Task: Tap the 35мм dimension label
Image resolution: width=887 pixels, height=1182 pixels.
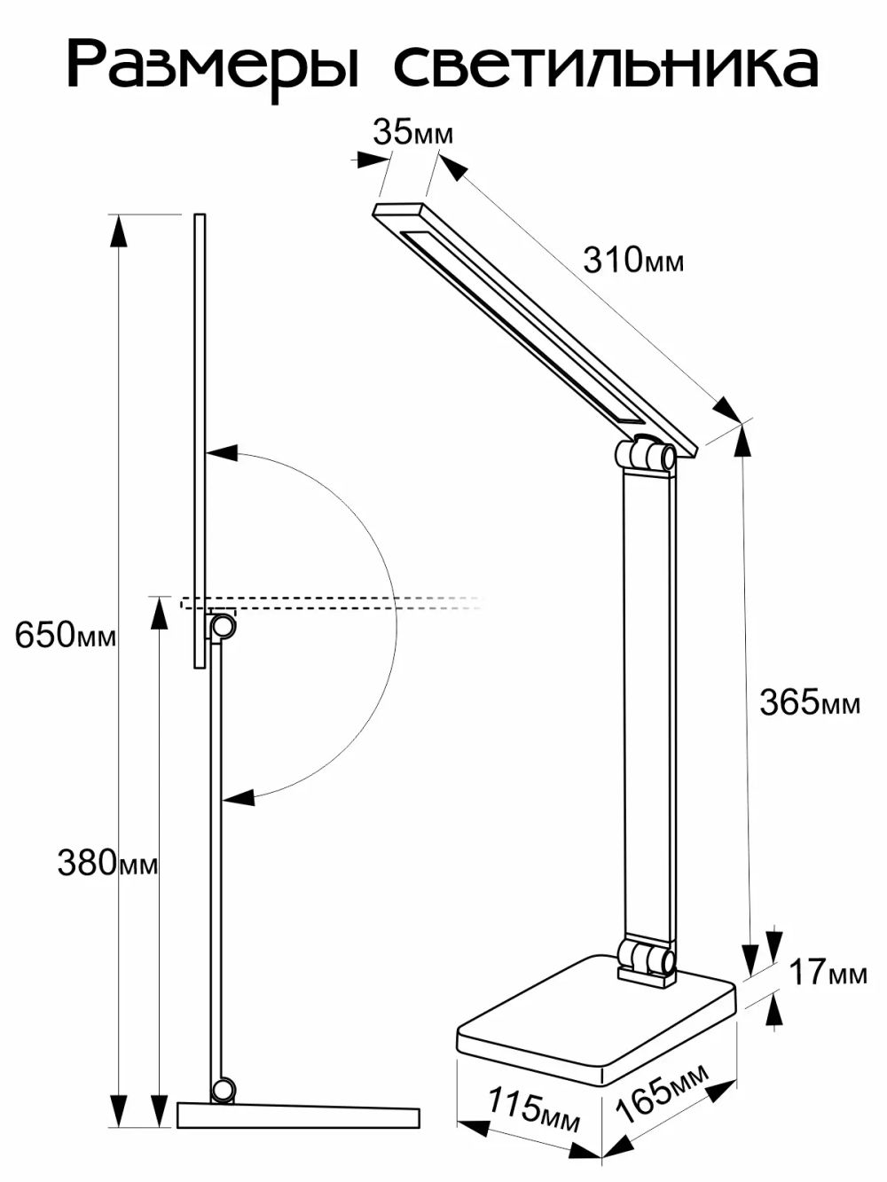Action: click(412, 133)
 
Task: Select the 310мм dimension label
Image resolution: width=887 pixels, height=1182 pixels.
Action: click(633, 261)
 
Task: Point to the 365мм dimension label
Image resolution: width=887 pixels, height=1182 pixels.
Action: click(810, 702)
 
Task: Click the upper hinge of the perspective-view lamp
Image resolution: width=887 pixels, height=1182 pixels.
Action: click(646, 456)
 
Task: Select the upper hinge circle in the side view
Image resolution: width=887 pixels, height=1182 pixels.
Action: click(222, 627)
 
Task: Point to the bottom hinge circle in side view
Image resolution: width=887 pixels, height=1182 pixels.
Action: click(224, 1088)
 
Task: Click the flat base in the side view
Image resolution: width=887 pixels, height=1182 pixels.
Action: click(297, 1115)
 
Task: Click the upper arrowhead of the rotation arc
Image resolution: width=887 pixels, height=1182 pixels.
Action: click(222, 452)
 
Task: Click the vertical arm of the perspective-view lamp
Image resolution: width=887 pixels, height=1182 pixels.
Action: click(648, 701)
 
